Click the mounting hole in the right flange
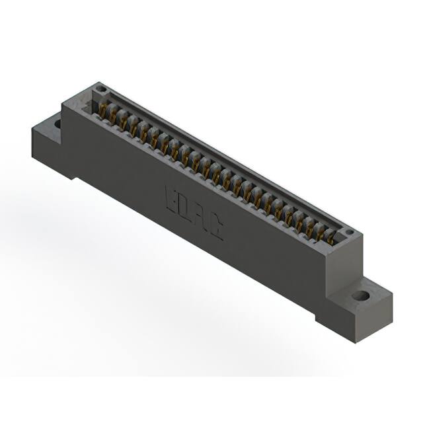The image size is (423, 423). coord(360,295)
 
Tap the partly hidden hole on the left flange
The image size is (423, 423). coord(58,124)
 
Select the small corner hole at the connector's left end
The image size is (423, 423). coord(100,89)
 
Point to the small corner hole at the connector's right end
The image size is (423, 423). coord(349,233)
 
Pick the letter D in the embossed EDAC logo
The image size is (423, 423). coord(184,207)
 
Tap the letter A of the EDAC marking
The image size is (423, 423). coord(200,217)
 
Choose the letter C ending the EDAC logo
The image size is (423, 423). coord(214,227)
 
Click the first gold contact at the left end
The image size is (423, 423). coord(104,108)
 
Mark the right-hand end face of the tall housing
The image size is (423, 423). coord(344,264)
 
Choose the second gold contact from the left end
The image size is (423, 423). coord(113,114)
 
